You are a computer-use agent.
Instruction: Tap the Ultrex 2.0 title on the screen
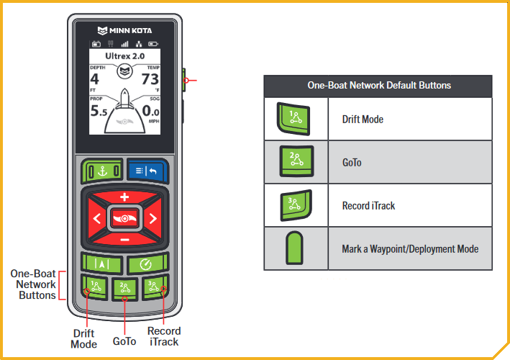[x=125, y=55]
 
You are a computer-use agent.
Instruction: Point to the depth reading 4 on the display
[x=94, y=78]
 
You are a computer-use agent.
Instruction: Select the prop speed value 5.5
[x=99, y=111]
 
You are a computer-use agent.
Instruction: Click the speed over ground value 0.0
[x=150, y=111]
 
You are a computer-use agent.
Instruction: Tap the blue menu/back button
[x=148, y=171]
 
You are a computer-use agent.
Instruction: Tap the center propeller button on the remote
[x=124, y=217]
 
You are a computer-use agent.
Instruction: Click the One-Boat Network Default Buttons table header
[x=378, y=85]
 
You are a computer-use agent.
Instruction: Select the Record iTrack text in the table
[x=368, y=205]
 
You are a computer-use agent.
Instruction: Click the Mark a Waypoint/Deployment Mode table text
[x=410, y=248]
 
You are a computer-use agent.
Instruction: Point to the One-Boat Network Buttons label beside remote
[x=33, y=284]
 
